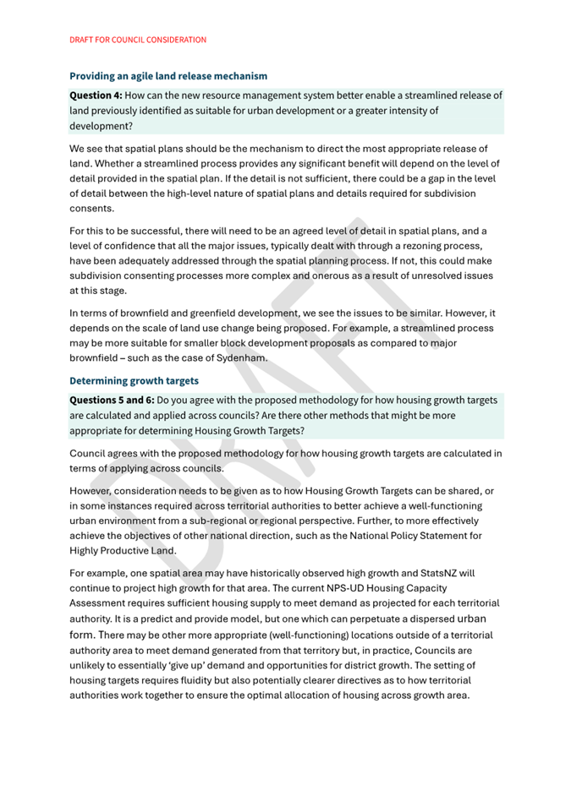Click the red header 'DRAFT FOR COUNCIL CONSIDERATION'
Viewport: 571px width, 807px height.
point(138,40)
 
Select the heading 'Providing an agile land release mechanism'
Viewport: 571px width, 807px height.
point(167,76)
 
